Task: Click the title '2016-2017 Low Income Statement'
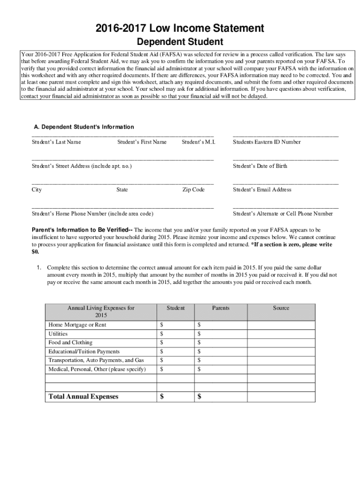coord(180,29)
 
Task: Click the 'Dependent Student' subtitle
coord(180,43)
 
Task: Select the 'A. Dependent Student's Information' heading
coord(84,127)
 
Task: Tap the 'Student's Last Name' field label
coord(56,142)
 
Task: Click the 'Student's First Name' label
coord(142,142)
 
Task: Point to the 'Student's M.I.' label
coord(198,142)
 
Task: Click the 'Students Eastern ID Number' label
coord(266,142)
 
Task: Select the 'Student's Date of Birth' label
coord(260,166)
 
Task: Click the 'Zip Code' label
coord(194,189)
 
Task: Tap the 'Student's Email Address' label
coord(262,189)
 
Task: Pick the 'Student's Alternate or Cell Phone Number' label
coord(283,214)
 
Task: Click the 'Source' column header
coord(281,308)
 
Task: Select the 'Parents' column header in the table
coord(221,308)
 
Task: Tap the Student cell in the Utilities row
coord(175,334)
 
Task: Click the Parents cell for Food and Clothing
coord(221,342)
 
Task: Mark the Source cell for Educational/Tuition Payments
coord(281,351)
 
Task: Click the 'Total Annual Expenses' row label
coord(83,397)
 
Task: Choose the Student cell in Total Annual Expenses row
coord(175,397)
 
